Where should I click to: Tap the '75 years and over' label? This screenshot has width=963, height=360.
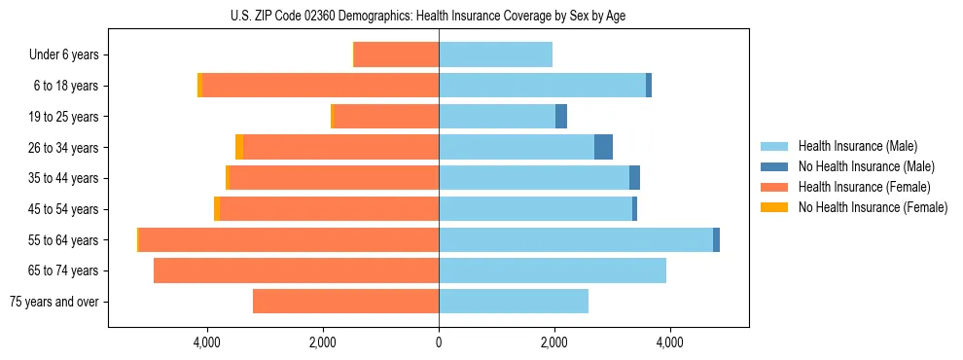[54, 302]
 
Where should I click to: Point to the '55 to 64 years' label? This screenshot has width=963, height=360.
[64, 240]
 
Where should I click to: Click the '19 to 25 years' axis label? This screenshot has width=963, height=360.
[64, 117]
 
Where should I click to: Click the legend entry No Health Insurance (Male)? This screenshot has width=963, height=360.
[866, 166]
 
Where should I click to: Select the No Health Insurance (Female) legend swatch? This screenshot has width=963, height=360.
[775, 207]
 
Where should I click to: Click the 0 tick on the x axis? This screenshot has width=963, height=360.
[439, 342]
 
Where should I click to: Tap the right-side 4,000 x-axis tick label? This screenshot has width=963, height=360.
[669, 342]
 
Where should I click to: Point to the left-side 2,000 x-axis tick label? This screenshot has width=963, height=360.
[323, 342]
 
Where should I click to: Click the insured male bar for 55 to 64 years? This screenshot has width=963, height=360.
[576, 240]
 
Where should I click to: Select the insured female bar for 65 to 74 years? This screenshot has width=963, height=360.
[296, 270]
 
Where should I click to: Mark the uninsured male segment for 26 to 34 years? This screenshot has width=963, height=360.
[603, 148]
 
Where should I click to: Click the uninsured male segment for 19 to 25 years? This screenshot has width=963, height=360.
[561, 117]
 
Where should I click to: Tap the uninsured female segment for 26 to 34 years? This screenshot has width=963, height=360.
[239, 148]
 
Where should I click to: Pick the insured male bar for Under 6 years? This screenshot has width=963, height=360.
[495, 55]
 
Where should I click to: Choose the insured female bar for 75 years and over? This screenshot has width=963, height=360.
[345, 302]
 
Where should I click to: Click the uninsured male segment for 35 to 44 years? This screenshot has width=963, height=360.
[634, 178]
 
